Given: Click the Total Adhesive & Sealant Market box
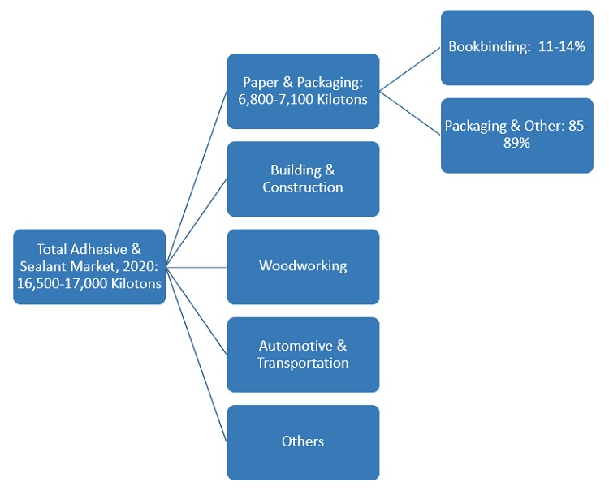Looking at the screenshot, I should [89, 266].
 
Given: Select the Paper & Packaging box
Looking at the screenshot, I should [303, 91].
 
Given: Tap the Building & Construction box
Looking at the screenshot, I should [303, 179].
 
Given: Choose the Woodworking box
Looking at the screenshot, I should [303, 266].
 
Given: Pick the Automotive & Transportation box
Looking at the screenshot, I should [303, 355].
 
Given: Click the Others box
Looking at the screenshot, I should [303, 441].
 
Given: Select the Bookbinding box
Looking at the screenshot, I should [516, 47].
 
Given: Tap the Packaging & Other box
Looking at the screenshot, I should [516, 135].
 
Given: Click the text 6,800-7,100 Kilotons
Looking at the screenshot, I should [303, 100].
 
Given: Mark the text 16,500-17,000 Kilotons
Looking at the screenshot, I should [89, 284].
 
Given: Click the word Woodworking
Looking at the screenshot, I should [303, 266].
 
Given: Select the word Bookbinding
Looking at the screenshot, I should [485, 47].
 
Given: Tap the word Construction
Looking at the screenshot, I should [303, 187].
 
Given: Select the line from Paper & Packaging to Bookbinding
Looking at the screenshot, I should [410, 69].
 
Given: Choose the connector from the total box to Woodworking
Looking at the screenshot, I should [197, 266].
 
